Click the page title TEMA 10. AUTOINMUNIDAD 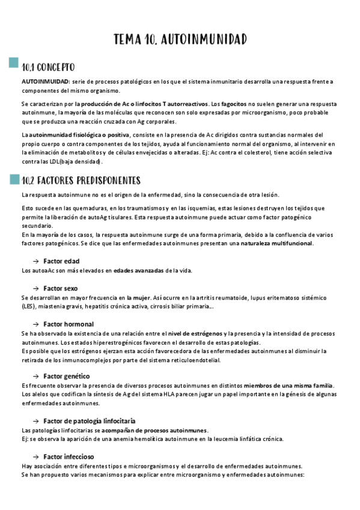pyautogui.click(x=180, y=40)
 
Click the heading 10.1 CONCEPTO pyautogui.click(x=48, y=67)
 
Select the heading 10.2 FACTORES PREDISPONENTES pyautogui.click(x=81, y=180)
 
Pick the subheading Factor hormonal pyautogui.click(x=68, y=324)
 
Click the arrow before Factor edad pyautogui.click(x=36, y=261)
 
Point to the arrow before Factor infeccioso pyautogui.click(x=36, y=456)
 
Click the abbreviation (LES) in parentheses pyautogui.click(x=29, y=306)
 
